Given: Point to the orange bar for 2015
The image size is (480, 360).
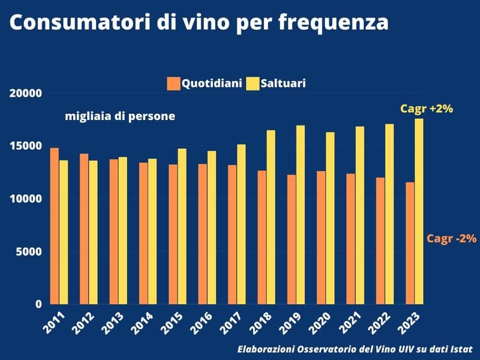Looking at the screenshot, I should [x=173, y=234].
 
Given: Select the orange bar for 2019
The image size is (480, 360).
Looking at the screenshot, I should [x=292, y=239].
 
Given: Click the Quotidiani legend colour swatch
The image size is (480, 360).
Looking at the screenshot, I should [x=174, y=83].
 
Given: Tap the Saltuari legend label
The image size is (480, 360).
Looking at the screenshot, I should [x=282, y=83].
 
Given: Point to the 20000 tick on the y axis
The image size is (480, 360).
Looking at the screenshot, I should [x=25, y=94].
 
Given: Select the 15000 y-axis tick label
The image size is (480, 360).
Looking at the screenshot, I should [x=25, y=146].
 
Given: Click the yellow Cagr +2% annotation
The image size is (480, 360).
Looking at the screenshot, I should [x=426, y=109].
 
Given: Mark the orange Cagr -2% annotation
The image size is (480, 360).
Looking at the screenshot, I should [x=451, y=238].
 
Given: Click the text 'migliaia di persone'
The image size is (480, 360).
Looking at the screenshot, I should [x=120, y=116].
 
